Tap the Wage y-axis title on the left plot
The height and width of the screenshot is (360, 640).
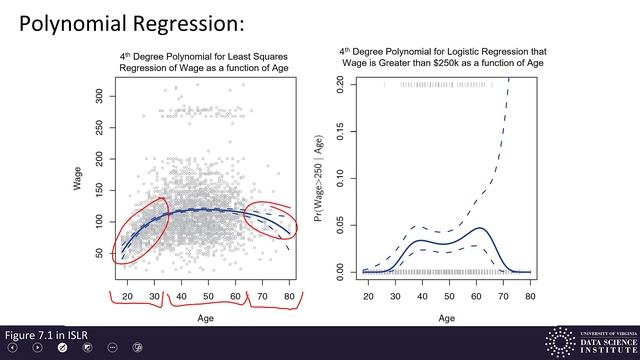click(77, 180)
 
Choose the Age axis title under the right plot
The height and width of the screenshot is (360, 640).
click(449, 318)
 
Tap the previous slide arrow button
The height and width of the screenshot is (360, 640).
click(12, 348)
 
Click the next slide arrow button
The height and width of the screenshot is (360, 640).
click(37, 348)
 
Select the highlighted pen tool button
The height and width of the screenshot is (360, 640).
click(62, 348)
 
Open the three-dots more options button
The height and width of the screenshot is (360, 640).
click(112, 348)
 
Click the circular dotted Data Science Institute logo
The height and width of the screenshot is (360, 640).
click(557, 341)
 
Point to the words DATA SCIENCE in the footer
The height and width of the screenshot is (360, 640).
click(603, 341)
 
